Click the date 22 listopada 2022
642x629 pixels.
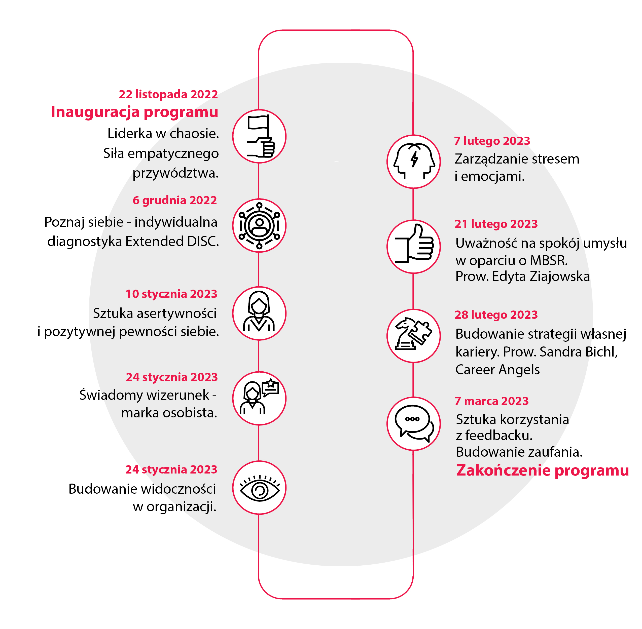click(x=168, y=95)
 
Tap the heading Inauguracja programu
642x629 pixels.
click(x=134, y=112)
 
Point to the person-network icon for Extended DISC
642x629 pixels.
click(x=259, y=226)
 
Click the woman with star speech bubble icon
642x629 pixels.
click(x=259, y=398)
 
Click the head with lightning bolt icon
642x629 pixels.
click(x=414, y=162)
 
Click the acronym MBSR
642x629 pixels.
click(x=549, y=261)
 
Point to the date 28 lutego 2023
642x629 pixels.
click(x=496, y=315)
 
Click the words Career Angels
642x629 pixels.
click(x=497, y=370)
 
